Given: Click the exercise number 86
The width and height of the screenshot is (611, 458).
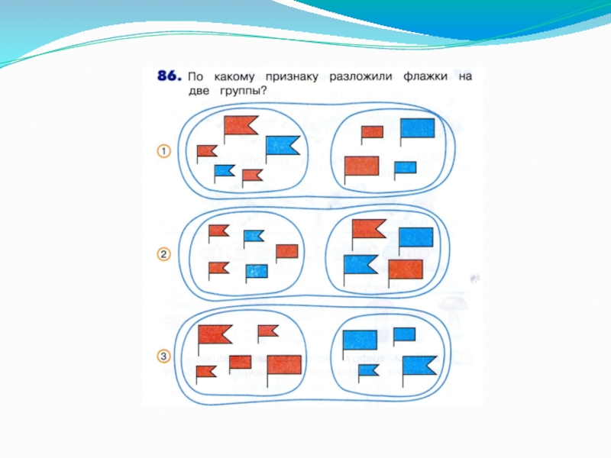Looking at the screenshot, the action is point(169,76).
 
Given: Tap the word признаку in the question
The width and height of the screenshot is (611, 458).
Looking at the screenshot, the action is point(291,77).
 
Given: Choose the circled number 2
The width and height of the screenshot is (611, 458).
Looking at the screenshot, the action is point(163,255).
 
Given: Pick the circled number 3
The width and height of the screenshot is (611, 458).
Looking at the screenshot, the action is point(163,356).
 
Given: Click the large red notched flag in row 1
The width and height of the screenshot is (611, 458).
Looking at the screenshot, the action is point(240,124).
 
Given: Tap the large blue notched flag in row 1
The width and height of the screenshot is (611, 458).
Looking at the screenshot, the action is point(282,144).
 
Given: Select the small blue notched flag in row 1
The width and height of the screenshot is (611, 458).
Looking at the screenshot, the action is point(224,170).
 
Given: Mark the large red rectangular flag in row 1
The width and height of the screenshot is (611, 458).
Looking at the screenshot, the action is point(362,166).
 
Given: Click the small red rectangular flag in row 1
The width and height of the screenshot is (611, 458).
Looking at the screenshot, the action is point(372,131).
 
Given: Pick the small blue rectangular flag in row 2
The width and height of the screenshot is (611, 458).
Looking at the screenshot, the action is point(257,270).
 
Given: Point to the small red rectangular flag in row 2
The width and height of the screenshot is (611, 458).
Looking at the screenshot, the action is point(286,250).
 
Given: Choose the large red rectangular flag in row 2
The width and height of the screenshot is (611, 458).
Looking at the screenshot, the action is point(406,269).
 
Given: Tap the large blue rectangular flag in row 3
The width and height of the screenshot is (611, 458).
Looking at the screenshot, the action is point(360,340).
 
